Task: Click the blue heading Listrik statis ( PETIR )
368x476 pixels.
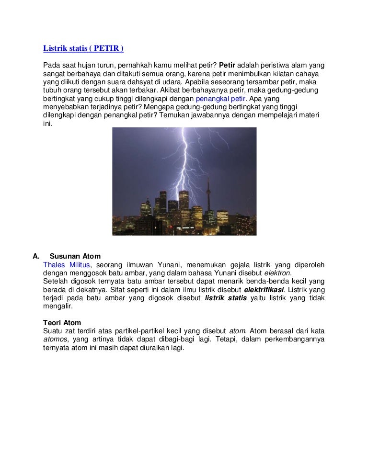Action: click(83, 48)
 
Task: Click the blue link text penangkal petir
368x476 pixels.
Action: click(220, 99)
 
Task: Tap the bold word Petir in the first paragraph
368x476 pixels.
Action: click(228, 65)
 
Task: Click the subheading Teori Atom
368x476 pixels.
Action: click(62, 323)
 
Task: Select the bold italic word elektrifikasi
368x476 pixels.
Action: click(264, 290)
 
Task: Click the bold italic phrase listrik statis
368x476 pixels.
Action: click(226, 298)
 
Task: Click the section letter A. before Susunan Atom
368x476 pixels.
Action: click(35, 256)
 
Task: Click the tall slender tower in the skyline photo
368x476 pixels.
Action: click(208, 201)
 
